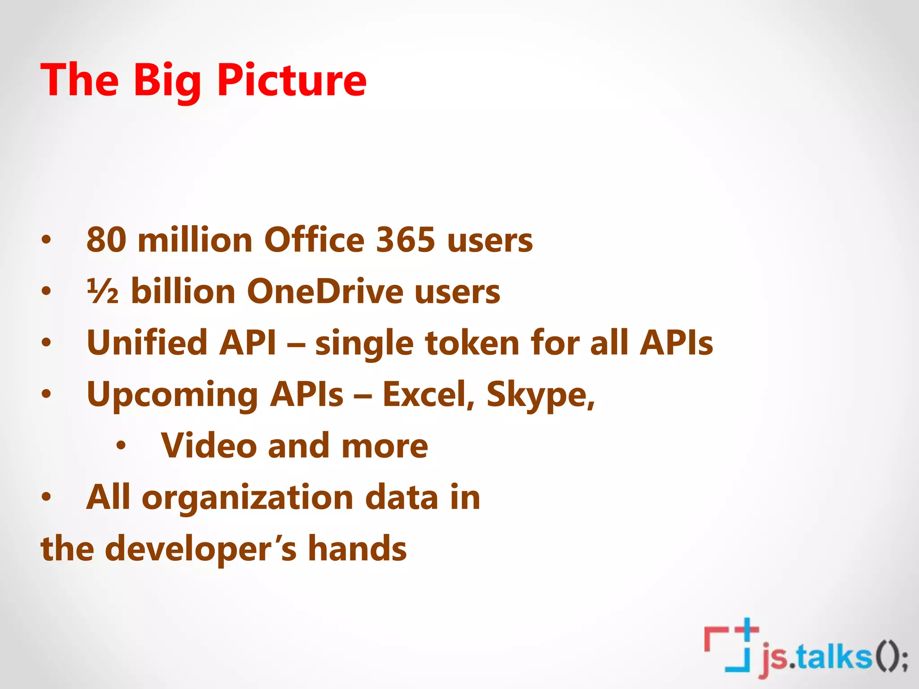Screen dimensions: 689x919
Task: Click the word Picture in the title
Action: coord(292,80)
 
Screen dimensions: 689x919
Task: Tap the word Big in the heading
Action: coord(167,81)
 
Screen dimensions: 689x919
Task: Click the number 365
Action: coord(406,240)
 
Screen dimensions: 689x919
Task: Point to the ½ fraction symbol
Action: coord(103,292)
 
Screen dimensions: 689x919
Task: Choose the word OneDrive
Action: coord(325,292)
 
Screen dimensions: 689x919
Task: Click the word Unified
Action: coord(146,343)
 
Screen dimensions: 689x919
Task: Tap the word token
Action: coord(472,343)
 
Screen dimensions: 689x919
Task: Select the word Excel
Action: coord(428,395)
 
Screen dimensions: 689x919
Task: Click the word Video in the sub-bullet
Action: coord(209,446)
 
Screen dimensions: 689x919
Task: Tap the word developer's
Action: coord(201,549)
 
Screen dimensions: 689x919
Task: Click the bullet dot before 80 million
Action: coord(46,240)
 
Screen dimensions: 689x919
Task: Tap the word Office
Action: coord(314,240)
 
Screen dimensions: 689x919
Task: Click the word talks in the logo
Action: coord(834,658)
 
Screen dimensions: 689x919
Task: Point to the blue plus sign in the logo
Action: coord(746,630)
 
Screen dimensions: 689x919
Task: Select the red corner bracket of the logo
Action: coord(713,637)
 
